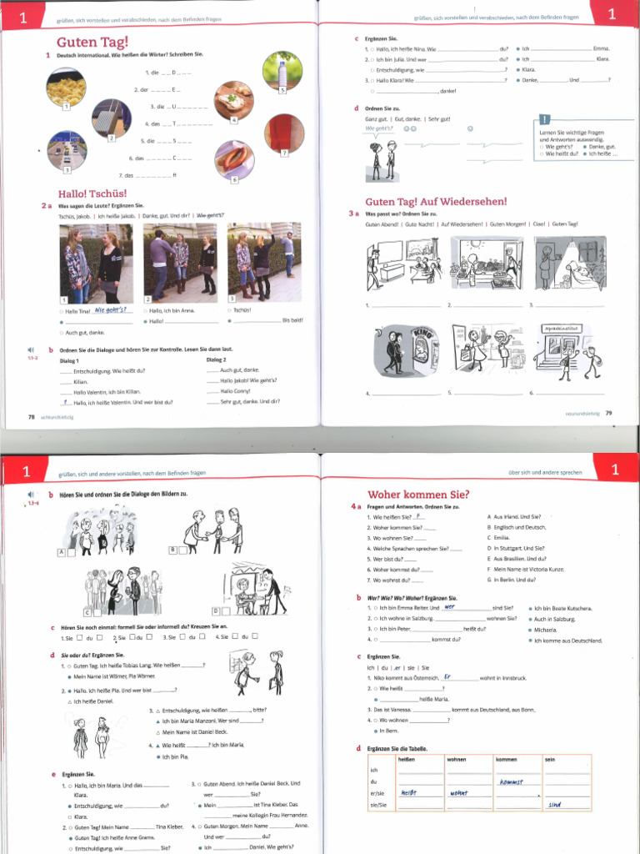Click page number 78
32,415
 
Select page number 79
608,412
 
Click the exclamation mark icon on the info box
544,119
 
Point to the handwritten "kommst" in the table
510,781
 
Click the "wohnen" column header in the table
457,760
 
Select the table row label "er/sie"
375,794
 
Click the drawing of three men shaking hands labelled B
212,530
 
